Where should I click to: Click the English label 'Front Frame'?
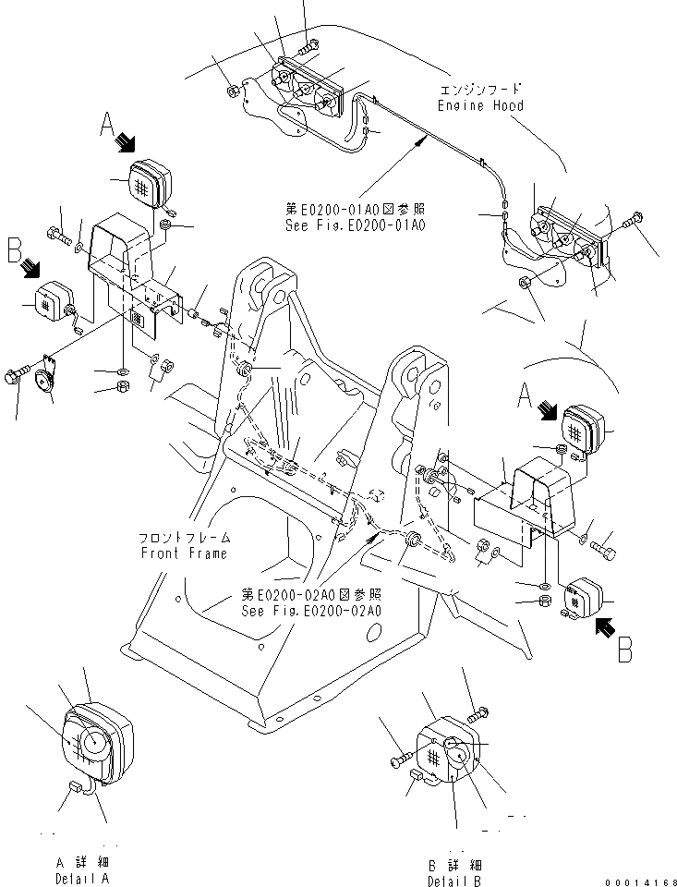[x=184, y=553]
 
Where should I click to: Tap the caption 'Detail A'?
[x=82, y=878]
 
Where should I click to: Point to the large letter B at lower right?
[x=625, y=650]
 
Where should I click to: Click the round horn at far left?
[x=42, y=375]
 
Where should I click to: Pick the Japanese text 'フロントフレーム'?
[x=184, y=538]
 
